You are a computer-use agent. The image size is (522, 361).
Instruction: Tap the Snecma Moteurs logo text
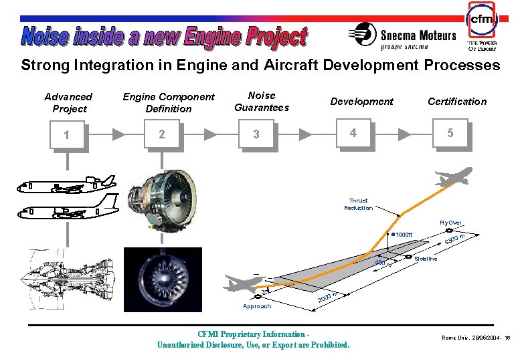coord(408,37)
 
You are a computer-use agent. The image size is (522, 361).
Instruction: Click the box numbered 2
coord(161,134)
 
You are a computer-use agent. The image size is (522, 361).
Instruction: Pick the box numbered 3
coord(256,134)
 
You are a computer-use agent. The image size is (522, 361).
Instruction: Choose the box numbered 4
coord(353,133)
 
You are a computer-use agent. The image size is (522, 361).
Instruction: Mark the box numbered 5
coord(450,133)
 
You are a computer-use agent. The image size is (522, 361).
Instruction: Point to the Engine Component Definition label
coord(169,103)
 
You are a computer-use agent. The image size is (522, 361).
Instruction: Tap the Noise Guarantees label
coord(262,102)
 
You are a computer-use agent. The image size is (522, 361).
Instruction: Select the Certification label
coord(457,102)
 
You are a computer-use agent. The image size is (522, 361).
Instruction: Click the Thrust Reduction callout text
coord(358,204)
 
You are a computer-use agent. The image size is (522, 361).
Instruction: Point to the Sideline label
coord(426,259)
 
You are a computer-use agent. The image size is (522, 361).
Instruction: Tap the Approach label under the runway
coord(257,306)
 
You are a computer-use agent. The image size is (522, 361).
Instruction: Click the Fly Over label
coord(450,223)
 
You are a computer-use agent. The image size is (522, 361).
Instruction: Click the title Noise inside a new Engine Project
coord(163,36)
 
